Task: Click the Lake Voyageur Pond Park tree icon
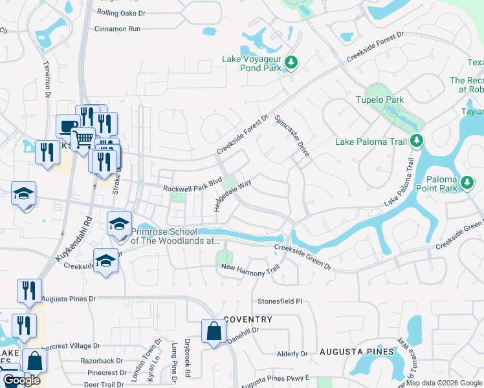tap(292, 63)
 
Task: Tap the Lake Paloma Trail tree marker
tap(417, 140)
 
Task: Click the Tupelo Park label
tap(380, 100)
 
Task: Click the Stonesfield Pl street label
tap(280, 301)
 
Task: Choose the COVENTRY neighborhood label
tap(248, 320)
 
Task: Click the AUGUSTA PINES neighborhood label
tap(357, 351)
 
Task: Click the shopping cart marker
tap(83, 138)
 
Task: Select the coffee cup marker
tap(67, 125)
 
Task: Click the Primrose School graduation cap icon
tap(119, 224)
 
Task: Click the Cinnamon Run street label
tap(117, 29)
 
